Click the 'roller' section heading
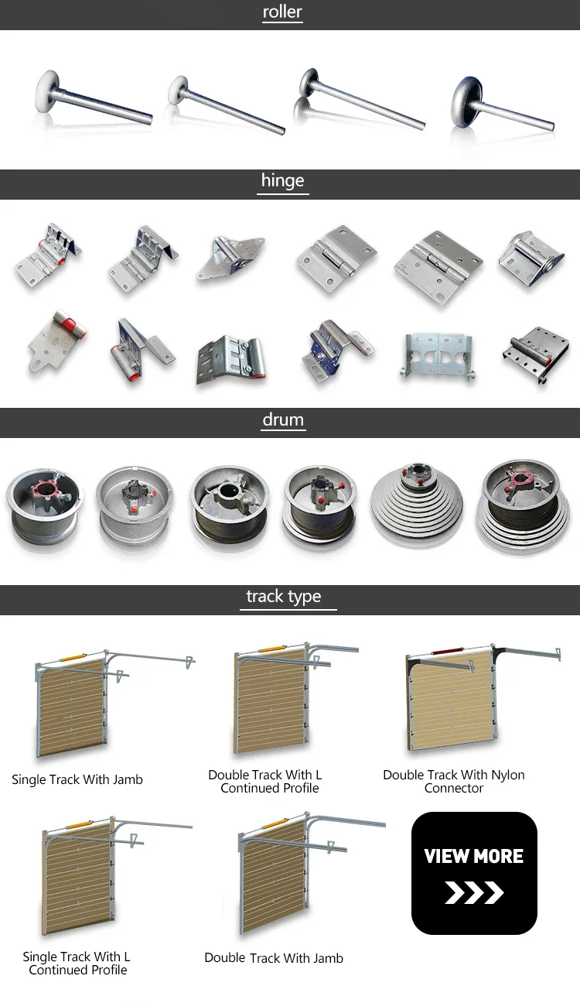pos(282,12)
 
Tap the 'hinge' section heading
pos(282,181)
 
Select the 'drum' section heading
pos(283,420)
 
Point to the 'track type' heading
pos(283,597)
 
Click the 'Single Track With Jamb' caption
pos(77,780)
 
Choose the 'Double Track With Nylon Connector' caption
pos(454,782)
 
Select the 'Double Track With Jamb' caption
pos(274,958)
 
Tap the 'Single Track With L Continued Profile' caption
pos(77,964)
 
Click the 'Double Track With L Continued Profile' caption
pos(265,782)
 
